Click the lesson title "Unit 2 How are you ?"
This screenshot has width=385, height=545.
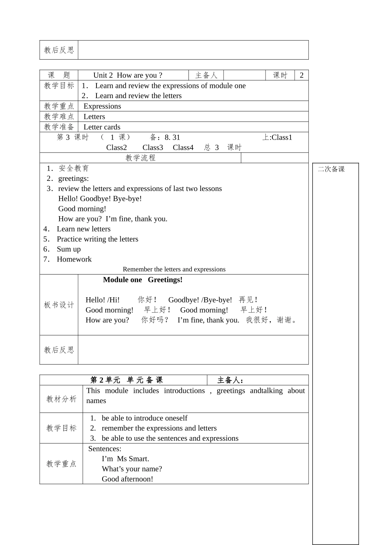tap(128, 75)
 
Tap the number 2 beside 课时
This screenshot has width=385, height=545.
tap(302, 75)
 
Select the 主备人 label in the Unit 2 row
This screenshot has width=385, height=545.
tap(206, 75)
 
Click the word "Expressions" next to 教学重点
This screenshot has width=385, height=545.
tap(102, 106)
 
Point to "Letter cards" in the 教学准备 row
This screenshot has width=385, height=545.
tap(102, 127)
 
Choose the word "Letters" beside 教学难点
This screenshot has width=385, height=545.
tap(94, 117)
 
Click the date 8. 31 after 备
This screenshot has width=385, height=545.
tap(172, 137)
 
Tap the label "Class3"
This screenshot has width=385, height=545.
tap(153, 148)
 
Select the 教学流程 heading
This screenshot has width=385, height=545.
tap(140, 158)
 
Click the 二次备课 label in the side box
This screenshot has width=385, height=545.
tap(331, 169)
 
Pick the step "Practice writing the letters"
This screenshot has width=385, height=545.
tap(97, 239)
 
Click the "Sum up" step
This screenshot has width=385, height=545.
tap(68, 249)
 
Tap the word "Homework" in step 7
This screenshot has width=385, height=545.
tap(74, 260)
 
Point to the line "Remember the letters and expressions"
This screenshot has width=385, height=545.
tap(174, 269)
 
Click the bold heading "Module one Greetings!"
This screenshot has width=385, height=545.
tap(143, 280)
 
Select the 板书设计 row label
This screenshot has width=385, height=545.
tap(59, 305)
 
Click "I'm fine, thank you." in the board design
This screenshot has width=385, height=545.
tap(208, 320)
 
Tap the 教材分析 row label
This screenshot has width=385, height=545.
tap(61, 399)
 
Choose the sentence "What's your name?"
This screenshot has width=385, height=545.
tap(132, 469)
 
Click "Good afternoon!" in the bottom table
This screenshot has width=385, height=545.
tap(127, 479)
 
